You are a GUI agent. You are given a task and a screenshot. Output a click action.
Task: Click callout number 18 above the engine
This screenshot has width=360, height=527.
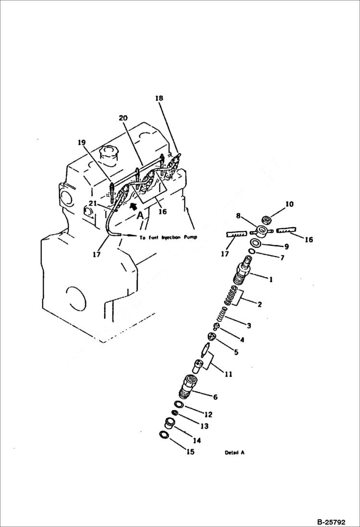[159, 98]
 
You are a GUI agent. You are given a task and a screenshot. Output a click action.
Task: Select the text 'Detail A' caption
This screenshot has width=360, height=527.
[235, 453]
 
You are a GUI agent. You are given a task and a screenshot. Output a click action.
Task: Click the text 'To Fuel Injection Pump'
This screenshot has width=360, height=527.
[168, 237]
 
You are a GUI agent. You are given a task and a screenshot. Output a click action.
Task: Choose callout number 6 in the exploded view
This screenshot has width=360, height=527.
[215, 397]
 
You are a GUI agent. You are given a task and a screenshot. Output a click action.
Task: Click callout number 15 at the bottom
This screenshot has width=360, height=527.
[191, 452]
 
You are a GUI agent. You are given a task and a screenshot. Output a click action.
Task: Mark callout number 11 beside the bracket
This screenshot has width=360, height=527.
[228, 374]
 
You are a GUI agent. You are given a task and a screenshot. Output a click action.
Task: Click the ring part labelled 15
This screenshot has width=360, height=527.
[163, 435]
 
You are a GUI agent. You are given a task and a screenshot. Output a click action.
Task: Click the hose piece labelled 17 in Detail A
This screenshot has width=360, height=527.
[236, 234]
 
